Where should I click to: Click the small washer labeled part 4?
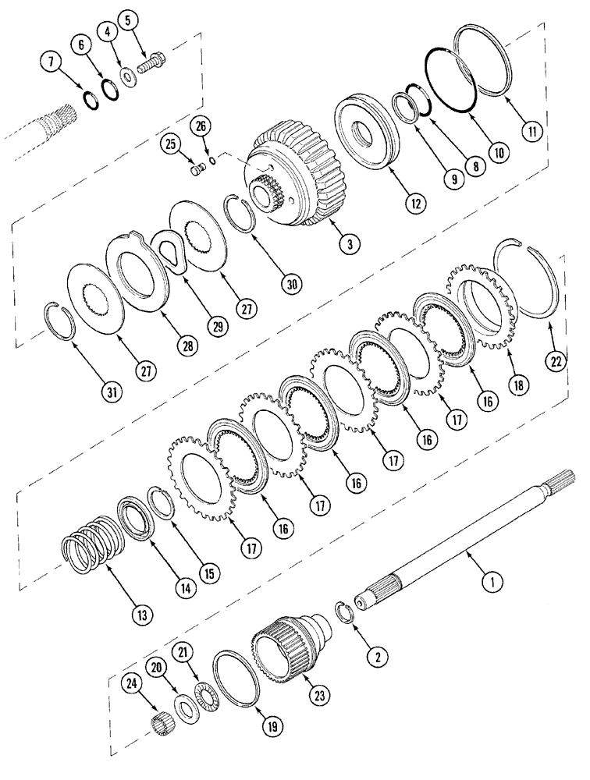pyautogui.click(x=125, y=76)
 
